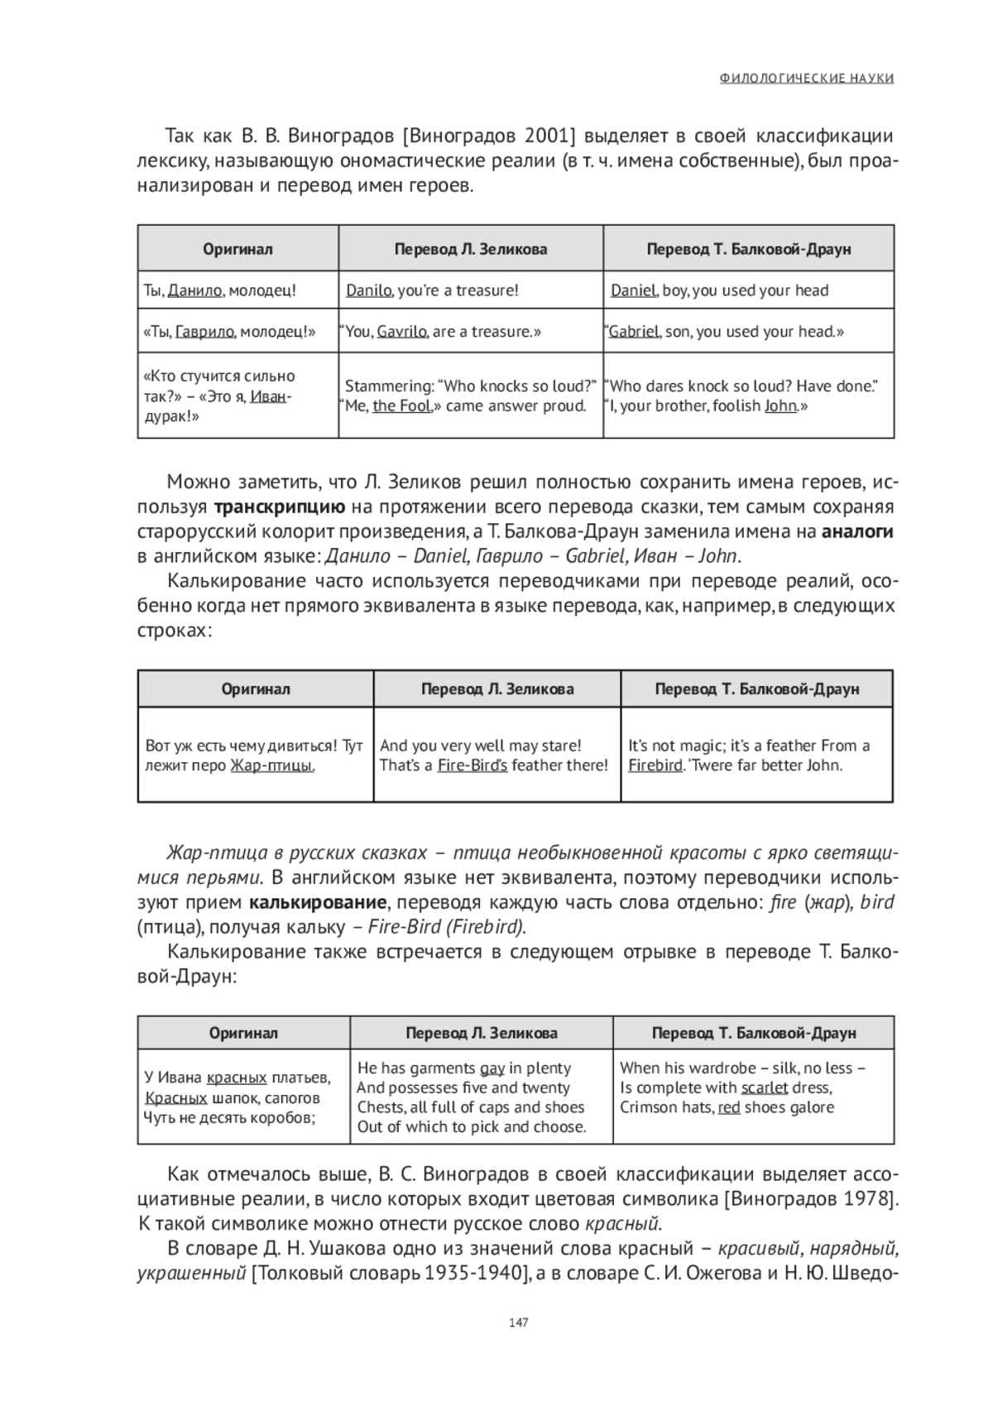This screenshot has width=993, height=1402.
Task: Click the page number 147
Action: (518, 1322)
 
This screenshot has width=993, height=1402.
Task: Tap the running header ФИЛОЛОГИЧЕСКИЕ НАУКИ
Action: (807, 79)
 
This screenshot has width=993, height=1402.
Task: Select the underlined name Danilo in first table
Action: (368, 290)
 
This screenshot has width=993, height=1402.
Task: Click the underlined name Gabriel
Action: (634, 332)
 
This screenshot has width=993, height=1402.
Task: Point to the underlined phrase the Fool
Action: (402, 406)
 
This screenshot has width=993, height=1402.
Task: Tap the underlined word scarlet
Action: (765, 1088)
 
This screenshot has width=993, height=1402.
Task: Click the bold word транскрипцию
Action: (280, 507)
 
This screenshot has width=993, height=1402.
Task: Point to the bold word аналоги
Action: (857, 532)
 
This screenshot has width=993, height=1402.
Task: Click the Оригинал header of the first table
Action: (238, 249)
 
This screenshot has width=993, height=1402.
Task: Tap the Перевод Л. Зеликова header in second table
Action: (497, 689)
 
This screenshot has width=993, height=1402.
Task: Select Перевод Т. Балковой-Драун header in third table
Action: (754, 1034)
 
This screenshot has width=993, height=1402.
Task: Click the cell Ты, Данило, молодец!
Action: (220, 290)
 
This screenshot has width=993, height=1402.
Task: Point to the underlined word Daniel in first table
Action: (633, 290)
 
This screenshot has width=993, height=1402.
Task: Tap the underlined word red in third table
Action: (729, 1107)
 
